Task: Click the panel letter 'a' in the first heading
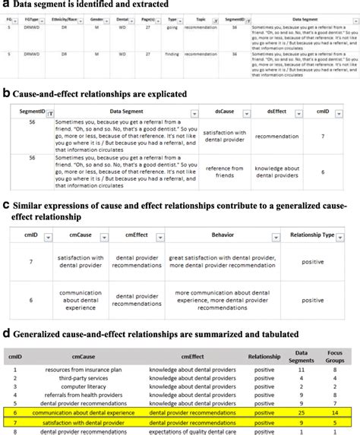click(x=6, y=6)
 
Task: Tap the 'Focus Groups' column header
click(x=336, y=356)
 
